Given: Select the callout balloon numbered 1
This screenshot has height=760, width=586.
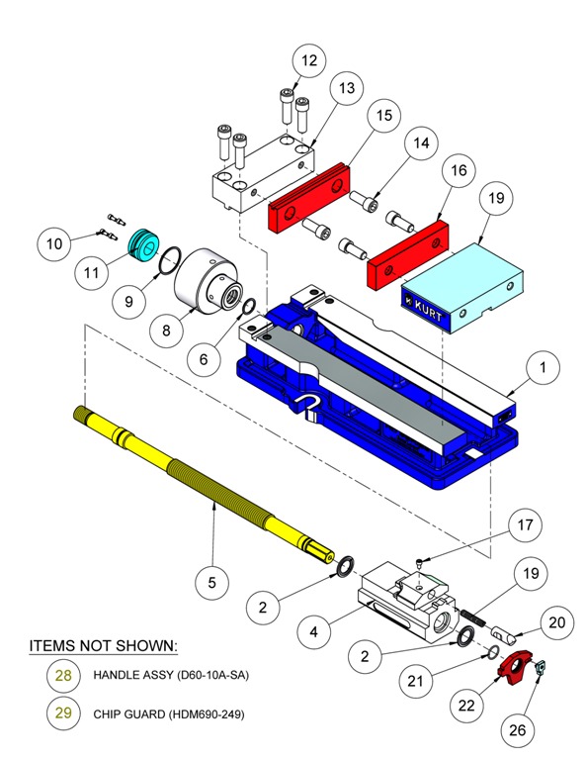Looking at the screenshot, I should click(x=543, y=370).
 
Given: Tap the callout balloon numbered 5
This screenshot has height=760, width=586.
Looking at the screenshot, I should click(x=211, y=582).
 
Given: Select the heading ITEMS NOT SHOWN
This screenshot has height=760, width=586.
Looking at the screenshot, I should click(x=103, y=646).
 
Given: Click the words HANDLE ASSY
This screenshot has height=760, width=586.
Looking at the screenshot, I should click(x=127, y=675).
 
